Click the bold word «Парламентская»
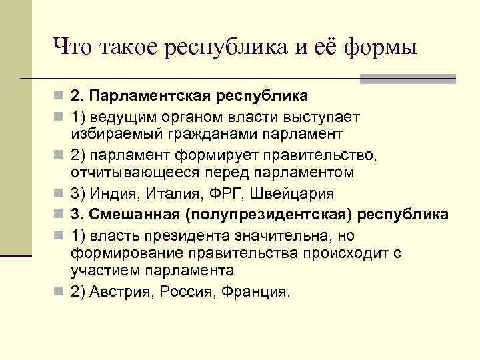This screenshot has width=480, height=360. (148, 97)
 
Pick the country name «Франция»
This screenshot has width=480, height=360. (256, 291)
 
